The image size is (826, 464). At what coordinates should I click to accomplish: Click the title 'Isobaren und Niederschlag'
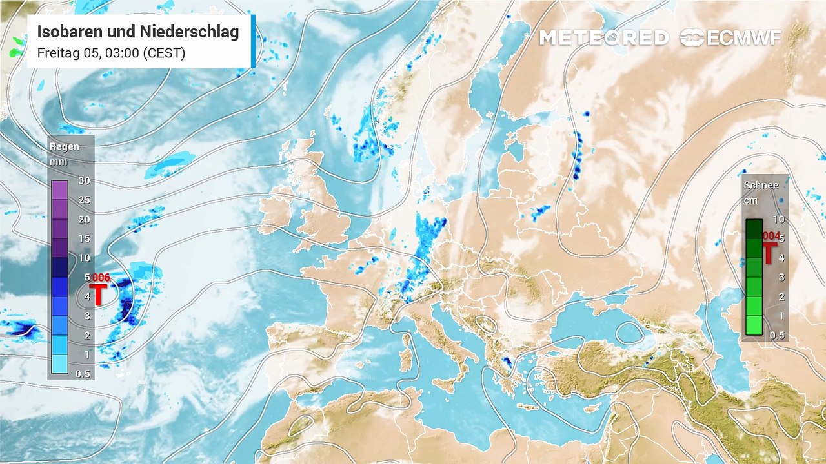coord(138,32)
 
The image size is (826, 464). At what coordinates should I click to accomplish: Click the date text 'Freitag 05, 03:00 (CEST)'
coord(111,53)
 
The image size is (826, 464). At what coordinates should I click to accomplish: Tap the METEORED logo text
coord(603,38)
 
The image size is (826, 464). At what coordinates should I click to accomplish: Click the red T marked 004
coord(769,253)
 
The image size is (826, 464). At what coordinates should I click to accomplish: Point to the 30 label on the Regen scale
coord(84,180)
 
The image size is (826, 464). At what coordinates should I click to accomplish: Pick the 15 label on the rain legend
coord(84,238)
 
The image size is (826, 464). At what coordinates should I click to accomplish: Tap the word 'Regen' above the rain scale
coord(65,146)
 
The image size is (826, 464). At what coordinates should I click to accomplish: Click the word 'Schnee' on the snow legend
coord(761,185)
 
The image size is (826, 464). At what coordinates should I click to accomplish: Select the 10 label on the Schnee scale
coord(778,219)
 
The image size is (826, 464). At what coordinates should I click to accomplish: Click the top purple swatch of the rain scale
coord(60,190)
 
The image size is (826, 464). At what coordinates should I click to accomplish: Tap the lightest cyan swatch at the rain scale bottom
coord(60,365)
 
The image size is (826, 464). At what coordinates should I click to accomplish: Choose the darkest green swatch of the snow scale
coord(754,229)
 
